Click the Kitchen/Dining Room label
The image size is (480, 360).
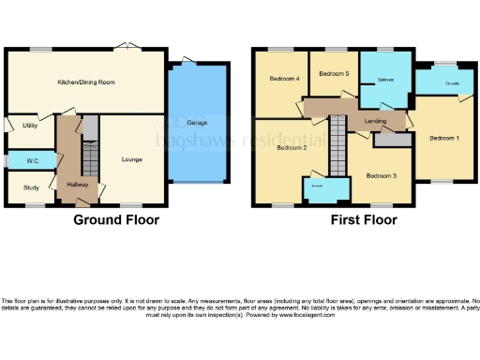click(x=86, y=82)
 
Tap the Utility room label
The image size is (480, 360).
click(x=29, y=124)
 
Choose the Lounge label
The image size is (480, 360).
click(x=131, y=159)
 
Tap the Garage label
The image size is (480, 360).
click(x=198, y=123)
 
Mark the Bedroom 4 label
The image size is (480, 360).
click(x=284, y=79)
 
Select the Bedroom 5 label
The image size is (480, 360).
click(x=333, y=73)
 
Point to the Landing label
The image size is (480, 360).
click(x=375, y=120)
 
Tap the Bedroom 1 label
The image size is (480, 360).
click(x=444, y=138)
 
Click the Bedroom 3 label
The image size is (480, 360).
click(x=381, y=175)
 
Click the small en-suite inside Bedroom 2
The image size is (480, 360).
click(x=318, y=190)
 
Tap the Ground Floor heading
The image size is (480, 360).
click(x=116, y=220)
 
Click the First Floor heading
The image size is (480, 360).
click(x=363, y=220)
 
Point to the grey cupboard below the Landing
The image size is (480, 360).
click(x=392, y=141)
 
